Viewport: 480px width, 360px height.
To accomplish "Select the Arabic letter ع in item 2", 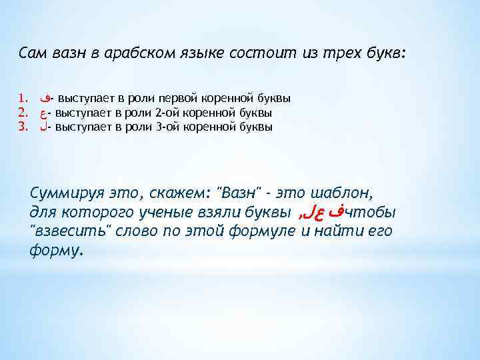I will [44, 113].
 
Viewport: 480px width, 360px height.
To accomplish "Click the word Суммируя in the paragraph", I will [61, 195].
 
